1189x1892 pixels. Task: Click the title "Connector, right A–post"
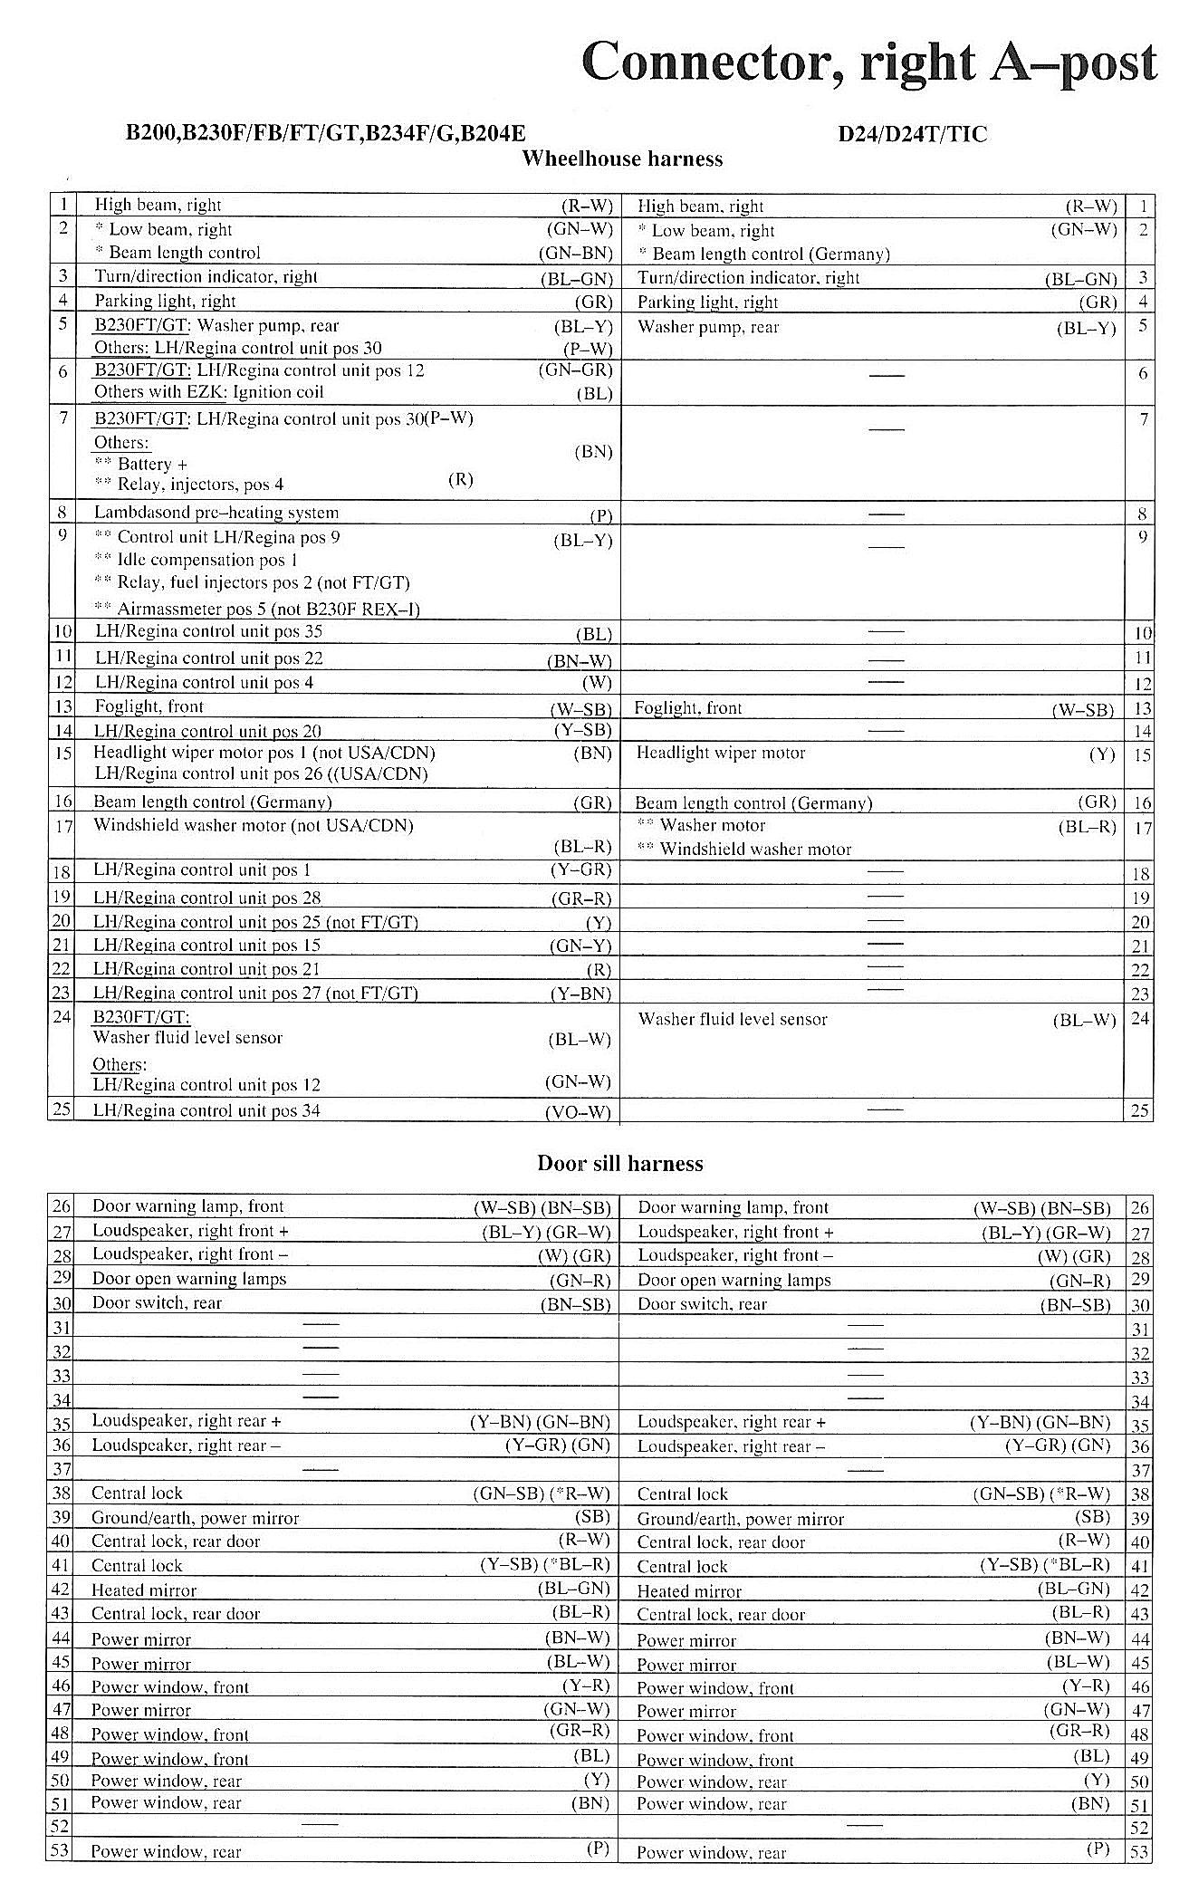click(x=869, y=62)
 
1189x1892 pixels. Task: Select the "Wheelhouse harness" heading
click(x=622, y=159)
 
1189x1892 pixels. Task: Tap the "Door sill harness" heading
click(x=620, y=1164)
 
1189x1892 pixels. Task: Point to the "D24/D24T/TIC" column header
click(x=913, y=134)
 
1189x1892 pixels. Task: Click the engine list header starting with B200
click(x=325, y=134)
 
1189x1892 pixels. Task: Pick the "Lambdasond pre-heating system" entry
click(x=216, y=513)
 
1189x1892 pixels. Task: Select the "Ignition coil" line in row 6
click(x=209, y=392)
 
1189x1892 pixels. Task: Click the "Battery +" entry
click(x=142, y=464)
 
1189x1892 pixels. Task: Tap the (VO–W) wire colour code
click(x=578, y=1112)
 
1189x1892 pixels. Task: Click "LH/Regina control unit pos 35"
click(x=209, y=631)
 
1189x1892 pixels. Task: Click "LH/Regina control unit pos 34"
click(x=207, y=1110)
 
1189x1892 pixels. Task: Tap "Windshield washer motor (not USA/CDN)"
click(x=254, y=825)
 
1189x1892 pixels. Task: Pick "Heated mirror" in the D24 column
click(x=689, y=1591)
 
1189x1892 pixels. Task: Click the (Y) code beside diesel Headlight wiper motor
click(x=1102, y=754)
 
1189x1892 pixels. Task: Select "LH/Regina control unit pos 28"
click(x=207, y=898)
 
